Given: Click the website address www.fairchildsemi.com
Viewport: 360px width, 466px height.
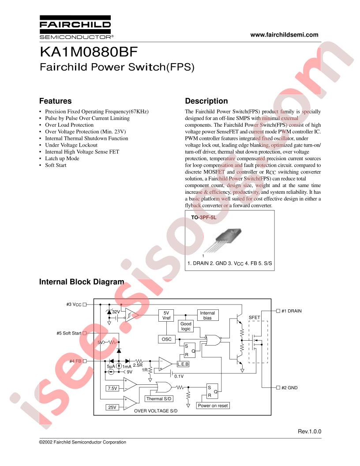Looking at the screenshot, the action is point(284,35).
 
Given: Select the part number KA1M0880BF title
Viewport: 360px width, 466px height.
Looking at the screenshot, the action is point(89,52).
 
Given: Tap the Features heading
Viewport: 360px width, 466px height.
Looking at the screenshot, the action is point(56,101).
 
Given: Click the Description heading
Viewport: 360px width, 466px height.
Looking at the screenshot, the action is point(206,101).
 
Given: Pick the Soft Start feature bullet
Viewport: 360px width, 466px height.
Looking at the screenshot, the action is point(56,165).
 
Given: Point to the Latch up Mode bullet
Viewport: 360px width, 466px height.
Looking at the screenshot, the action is point(62,158).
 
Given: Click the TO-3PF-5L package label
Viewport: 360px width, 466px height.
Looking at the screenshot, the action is point(204,218).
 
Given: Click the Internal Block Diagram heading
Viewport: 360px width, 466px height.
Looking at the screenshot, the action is point(82,282).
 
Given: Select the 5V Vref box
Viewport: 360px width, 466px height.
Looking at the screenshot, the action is point(166,316).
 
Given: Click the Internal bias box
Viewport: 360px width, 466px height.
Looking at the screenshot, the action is point(207,316).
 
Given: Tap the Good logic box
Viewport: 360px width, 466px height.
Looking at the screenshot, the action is point(186,326).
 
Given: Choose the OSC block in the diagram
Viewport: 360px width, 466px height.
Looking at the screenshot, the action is point(166,339).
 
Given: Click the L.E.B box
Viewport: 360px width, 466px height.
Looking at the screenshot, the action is point(183,364).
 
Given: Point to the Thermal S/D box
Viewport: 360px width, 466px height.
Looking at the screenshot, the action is point(159,399).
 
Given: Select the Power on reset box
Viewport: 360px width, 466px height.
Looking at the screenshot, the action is point(213,406).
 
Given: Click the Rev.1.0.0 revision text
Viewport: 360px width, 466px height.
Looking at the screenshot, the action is point(310,432).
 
